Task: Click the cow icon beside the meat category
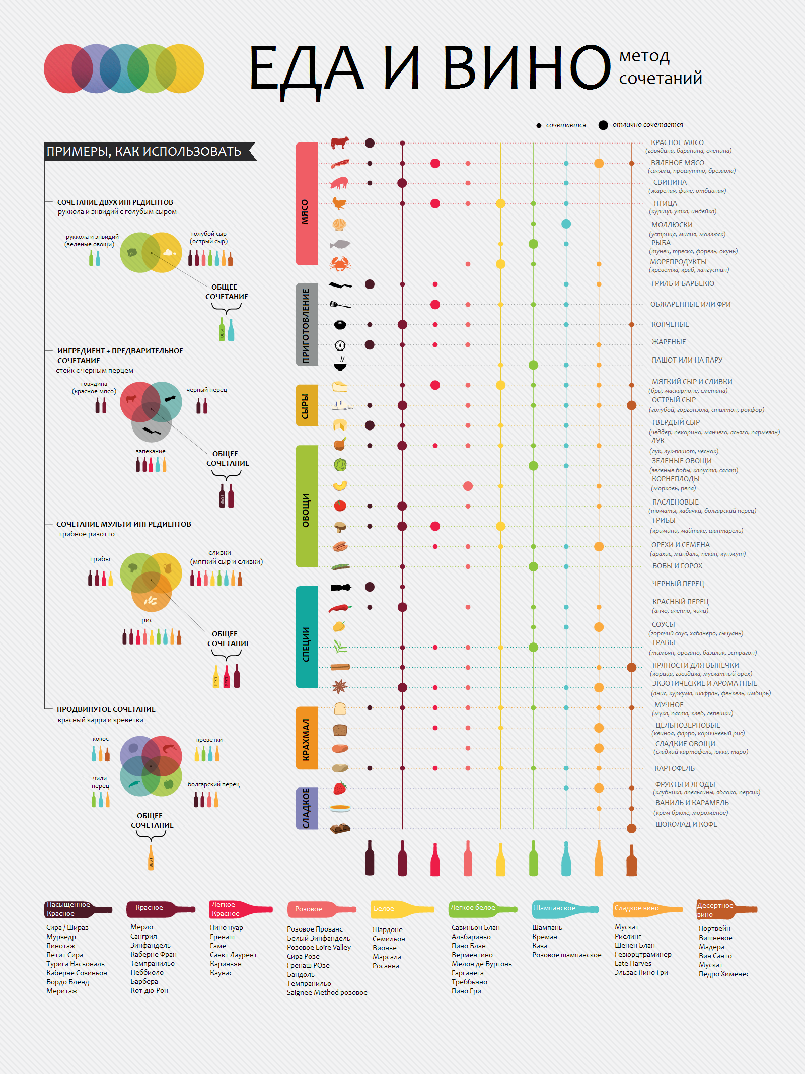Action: tap(340, 143)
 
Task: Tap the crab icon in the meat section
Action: tap(340, 263)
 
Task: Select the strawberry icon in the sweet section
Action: tap(340, 788)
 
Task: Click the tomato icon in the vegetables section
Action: tap(340, 506)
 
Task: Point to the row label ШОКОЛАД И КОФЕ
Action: tap(686, 824)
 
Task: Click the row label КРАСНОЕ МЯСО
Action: tap(677, 142)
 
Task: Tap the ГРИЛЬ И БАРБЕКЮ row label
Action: tap(683, 283)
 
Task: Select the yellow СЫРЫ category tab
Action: tap(307, 405)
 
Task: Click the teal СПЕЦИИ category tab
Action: tap(307, 637)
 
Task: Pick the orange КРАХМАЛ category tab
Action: tap(307, 738)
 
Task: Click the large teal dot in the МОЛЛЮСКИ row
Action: tap(566, 224)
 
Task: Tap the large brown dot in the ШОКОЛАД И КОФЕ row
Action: tap(631, 828)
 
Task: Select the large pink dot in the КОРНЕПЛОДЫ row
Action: tap(468, 486)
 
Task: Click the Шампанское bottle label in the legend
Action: tap(554, 908)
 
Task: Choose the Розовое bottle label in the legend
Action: tap(309, 909)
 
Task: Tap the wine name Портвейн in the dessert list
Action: tap(714, 928)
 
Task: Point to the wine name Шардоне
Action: tap(388, 929)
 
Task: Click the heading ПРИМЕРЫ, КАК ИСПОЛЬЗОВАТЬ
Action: tap(144, 152)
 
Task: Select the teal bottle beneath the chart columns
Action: tap(566, 858)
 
